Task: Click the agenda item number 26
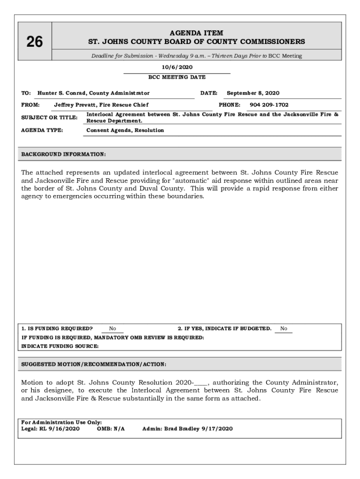[x=34, y=42]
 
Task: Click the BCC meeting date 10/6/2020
[x=177, y=67]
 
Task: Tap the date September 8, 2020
[x=253, y=93]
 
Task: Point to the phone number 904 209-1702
[x=269, y=105]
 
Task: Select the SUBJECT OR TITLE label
[x=50, y=117]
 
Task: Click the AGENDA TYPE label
[x=43, y=130]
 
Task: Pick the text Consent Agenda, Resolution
[x=125, y=130]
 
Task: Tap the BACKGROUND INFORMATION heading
[x=64, y=154]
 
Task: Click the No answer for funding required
[x=112, y=328]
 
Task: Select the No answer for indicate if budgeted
[x=284, y=328]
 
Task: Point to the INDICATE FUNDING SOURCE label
[x=60, y=346]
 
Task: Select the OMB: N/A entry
[x=111, y=428]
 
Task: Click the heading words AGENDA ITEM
[x=196, y=33]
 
